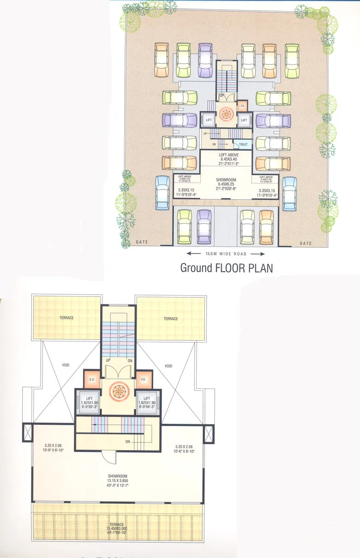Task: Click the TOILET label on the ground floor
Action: (243, 144)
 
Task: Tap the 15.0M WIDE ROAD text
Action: (226, 254)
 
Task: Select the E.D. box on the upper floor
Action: (91, 380)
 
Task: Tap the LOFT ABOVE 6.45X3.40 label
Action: (226, 159)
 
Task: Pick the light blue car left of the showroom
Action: (162, 192)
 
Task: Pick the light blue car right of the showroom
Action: (289, 192)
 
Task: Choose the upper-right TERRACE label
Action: (170, 319)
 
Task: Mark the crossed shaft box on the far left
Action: (26, 433)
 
